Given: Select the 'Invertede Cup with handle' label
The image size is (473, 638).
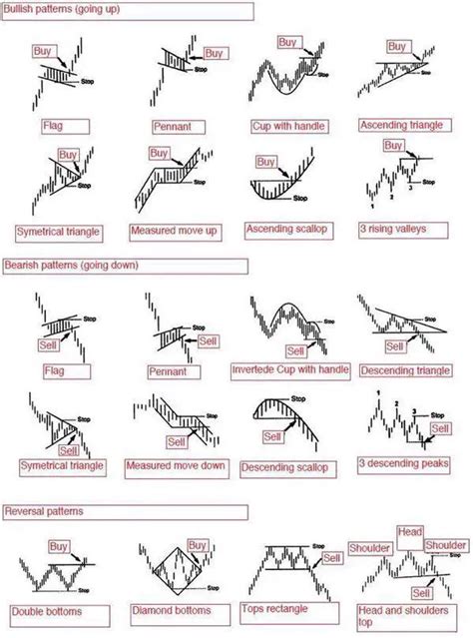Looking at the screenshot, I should tap(288, 370).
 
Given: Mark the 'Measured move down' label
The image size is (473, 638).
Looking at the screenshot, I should tap(176, 466).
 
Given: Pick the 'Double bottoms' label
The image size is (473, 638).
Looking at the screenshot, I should tap(48, 611).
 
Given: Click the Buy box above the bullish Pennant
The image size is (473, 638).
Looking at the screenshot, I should tap(215, 53).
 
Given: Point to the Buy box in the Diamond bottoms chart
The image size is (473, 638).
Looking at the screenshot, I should tap(198, 545).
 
